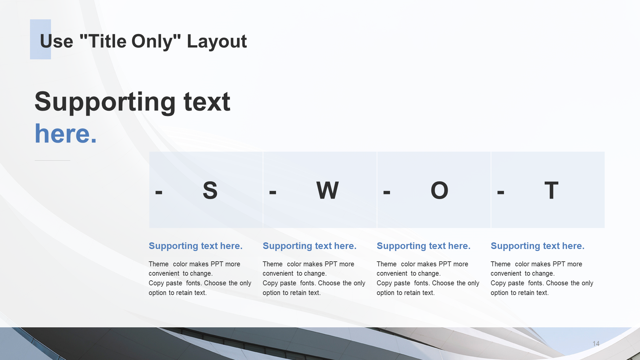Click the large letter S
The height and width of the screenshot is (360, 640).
(x=210, y=190)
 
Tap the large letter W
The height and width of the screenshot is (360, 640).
(x=327, y=190)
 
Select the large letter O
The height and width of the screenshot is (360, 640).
(x=439, y=190)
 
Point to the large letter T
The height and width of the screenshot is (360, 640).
(x=551, y=190)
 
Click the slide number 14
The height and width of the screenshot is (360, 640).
(x=596, y=344)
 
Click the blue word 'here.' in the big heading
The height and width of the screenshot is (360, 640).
(x=66, y=134)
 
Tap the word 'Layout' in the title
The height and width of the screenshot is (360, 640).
(x=217, y=42)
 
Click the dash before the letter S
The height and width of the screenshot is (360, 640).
(x=159, y=192)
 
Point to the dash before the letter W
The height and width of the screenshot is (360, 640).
(x=273, y=192)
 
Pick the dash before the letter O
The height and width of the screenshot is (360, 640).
(x=387, y=192)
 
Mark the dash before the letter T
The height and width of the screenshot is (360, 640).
(x=501, y=192)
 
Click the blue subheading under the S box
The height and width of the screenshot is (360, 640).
(x=195, y=246)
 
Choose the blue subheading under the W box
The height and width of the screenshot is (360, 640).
(x=309, y=246)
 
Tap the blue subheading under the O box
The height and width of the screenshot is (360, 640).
(x=423, y=246)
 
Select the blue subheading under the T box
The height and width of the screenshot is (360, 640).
(x=537, y=246)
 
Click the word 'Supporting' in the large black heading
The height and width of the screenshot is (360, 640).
(x=105, y=102)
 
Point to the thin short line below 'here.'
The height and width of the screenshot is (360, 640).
(x=52, y=160)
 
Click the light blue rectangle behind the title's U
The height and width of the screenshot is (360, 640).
(x=40, y=39)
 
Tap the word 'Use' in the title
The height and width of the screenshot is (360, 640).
(x=56, y=42)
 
